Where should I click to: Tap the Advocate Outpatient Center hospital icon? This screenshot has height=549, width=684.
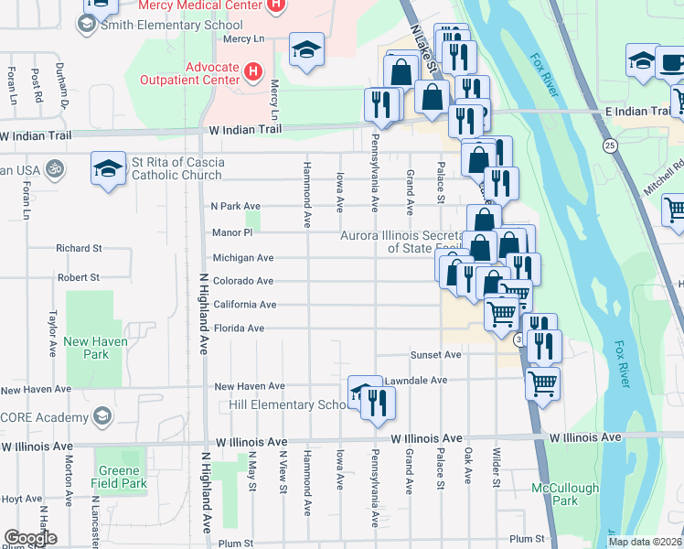click(x=253, y=70)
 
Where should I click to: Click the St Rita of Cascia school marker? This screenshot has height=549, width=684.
click(x=108, y=168)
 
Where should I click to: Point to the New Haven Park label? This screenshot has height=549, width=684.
click(x=87, y=348)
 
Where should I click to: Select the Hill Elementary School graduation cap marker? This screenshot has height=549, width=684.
click(x=362, y=393)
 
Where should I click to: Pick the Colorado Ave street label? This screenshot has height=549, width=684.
click(x=243, y=281)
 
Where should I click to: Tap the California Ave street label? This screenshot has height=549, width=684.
click(x=244, y=305)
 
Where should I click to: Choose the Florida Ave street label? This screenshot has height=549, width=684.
click(x=239, y=328)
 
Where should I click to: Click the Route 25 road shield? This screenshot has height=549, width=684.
click(x=610, y=145)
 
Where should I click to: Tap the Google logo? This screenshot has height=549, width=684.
click(x=31, y=538)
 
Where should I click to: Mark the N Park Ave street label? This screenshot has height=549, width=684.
click(x=236, y=206)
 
